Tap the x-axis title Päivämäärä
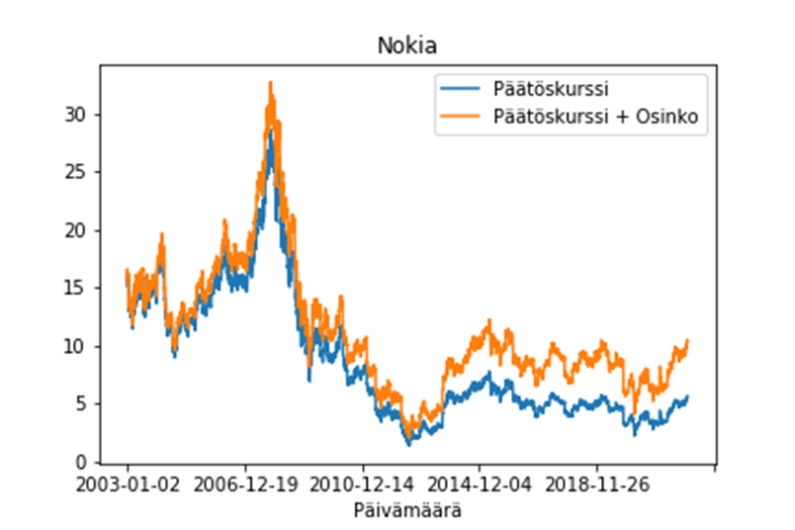click(406, 511)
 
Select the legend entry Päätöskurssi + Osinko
click(596, 117)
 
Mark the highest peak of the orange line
click(270, 83)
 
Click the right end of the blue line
click(688, 397)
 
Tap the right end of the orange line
click(688, 341)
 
